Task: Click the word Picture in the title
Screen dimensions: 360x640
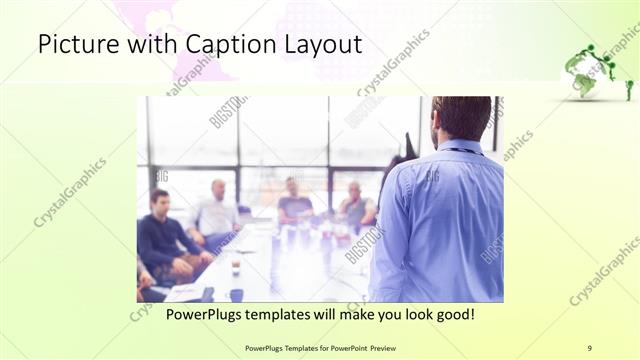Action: (74, 45)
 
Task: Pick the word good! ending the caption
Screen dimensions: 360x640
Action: (452, 315)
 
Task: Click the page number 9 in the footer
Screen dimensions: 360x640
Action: (589, 347)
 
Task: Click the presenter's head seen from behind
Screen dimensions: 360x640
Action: (461, 118)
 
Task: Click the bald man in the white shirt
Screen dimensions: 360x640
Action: (218, 210)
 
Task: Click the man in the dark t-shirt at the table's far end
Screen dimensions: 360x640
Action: (294, 201)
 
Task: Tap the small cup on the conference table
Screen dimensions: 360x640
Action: (236, 267)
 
